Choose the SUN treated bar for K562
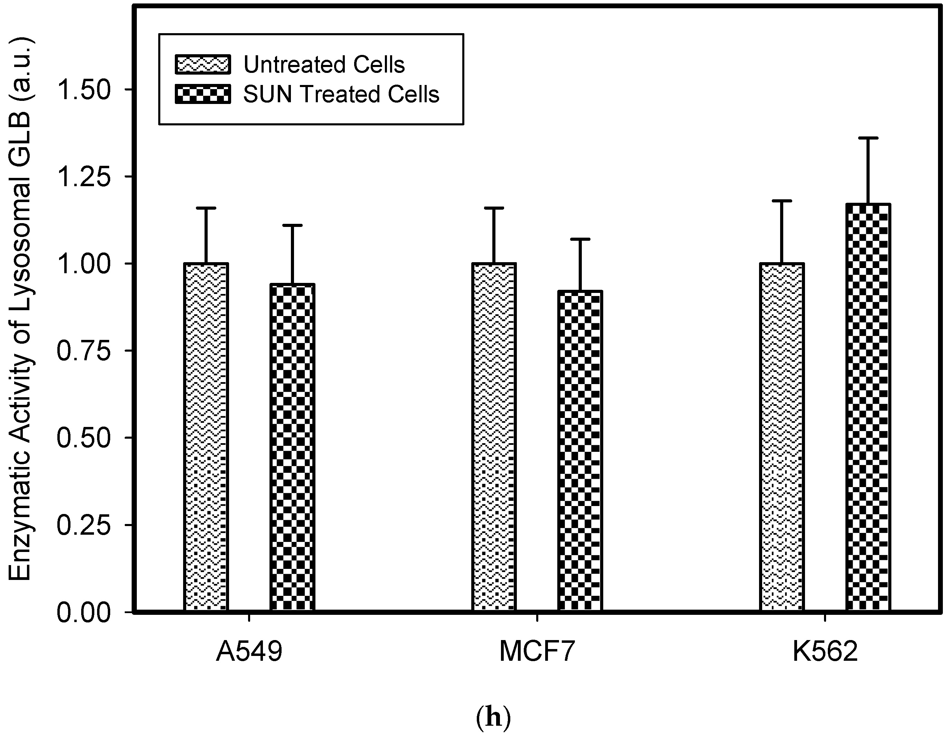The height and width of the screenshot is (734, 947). (x=868, y=408)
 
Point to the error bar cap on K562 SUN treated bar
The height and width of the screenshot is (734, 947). (x=868, y=138)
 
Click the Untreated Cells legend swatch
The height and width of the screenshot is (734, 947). (x=202, y=65)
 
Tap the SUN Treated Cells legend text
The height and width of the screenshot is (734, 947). (x=341, y=94)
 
